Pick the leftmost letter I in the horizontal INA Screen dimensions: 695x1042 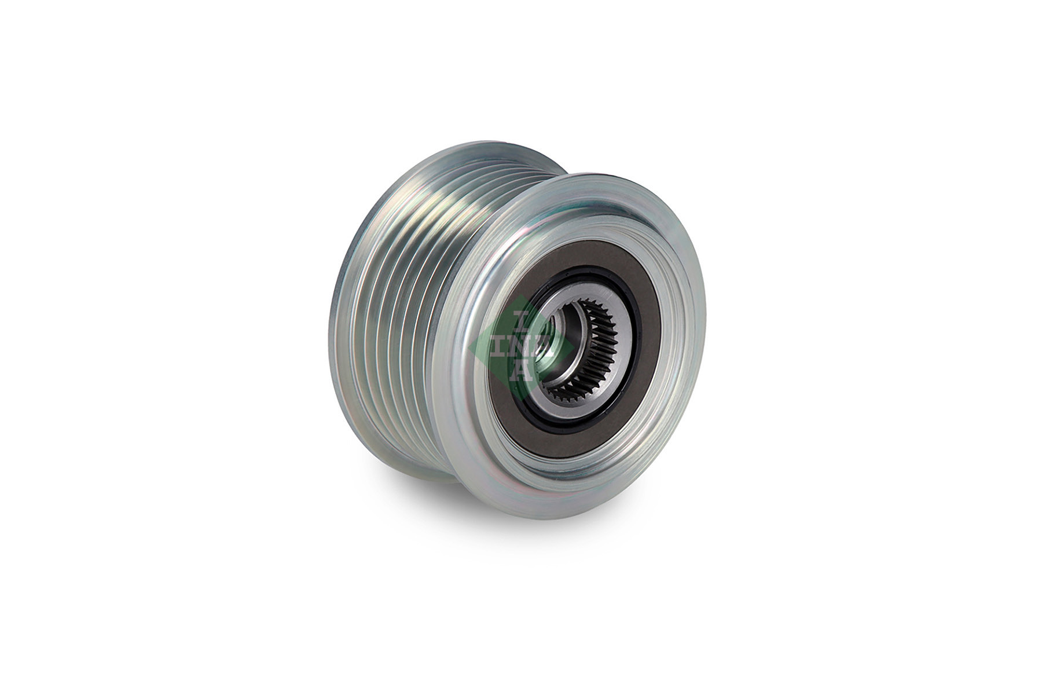502,346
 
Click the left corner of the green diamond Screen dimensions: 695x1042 470,346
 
